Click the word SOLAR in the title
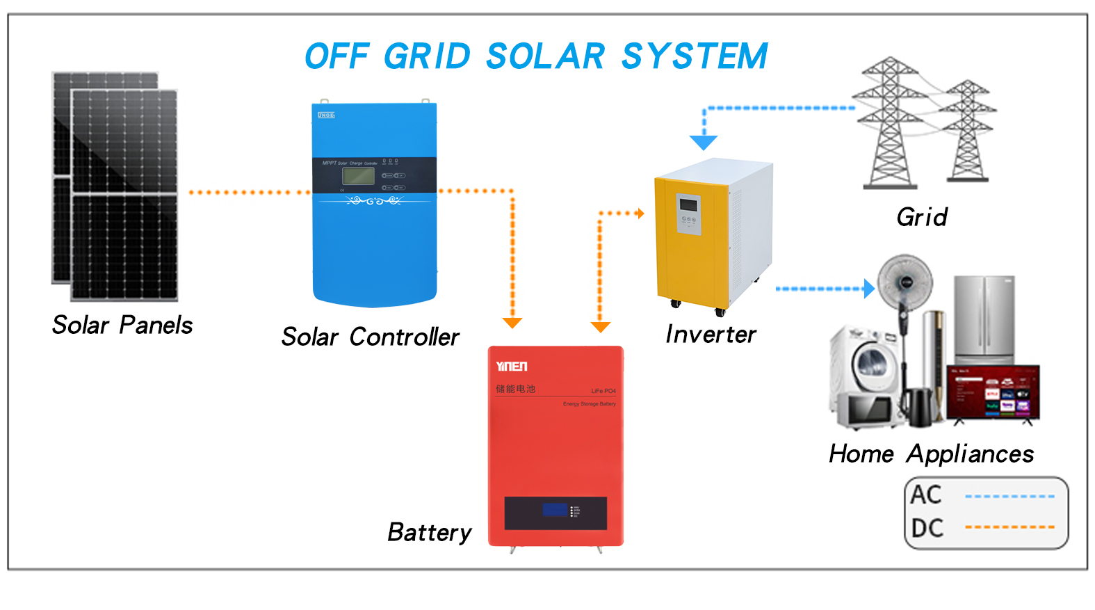click(545, 56)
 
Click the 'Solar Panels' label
click(122, 325)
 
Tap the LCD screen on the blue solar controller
click(358, 176)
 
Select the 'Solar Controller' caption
click(370, 337)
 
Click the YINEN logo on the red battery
click(512, 367)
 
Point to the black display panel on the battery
click(555, 513)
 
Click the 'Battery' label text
click(429, 532)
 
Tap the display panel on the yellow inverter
click(688, 205)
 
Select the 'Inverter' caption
click(711, 335)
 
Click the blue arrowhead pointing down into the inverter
click(704, 143)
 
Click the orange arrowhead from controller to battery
click(512, 323)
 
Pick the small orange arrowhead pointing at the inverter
click(640, 214)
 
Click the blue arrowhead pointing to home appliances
click(869, 288)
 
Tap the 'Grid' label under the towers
click(922, 217)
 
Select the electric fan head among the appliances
click(905, 282)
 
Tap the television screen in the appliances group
click(993, 392)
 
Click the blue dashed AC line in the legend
click(1009, 497)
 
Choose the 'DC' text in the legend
click(927, 529)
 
